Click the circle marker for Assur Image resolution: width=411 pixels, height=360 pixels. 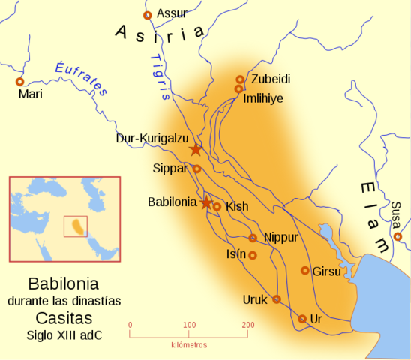(x=147, y=15)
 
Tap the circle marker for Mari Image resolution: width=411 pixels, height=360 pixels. (x=20, y=81)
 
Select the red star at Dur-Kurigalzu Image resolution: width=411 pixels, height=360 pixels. (x=196, y=149)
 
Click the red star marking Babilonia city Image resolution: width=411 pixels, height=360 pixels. (x=206, y=202)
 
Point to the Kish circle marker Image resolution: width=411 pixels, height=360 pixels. (x=217, y=206)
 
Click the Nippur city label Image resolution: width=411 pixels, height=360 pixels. (x=281, y=237)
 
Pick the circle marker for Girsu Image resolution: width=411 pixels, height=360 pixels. (x=305, y=270)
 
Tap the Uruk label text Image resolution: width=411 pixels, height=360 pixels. (x=255, y=299)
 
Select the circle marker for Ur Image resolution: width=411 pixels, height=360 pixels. (x=302, y=319)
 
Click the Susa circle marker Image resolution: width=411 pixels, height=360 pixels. (x=397, y=236)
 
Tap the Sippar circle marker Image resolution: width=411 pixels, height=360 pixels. (x=196, y=169)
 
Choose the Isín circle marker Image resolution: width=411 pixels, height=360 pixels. (x=253, y=255)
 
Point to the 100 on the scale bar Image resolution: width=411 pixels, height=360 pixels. (x=188, y=325)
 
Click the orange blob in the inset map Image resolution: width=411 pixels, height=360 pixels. (x=75, y=225)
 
